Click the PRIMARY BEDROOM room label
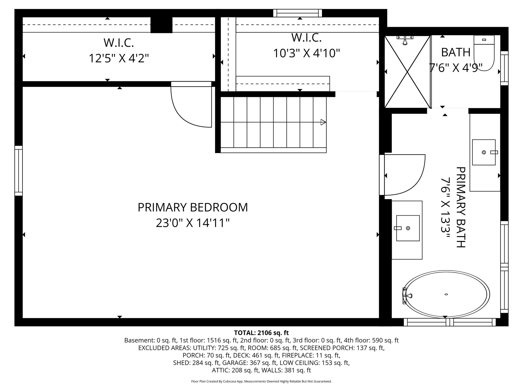(x=193, y=207)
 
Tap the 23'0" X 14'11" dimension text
(x=193, y=223)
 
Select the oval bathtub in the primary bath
(x=446, y=294)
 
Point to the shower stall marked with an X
(x=407, y=72)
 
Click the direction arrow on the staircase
(x=323, y=122)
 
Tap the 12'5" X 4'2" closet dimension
(x=118, y=58)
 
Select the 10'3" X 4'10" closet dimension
(x=306, y=53)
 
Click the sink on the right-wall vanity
(x=484, y=152)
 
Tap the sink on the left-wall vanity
(x=408, y=228)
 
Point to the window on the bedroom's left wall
(x=18, y=170)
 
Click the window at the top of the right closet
(x=298, y=13)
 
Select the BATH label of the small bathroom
(x=456, y=52)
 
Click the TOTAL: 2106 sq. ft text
(x=261, y=333)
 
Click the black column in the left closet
(x=161, y=25)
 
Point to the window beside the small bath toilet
(x=504, y=68)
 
